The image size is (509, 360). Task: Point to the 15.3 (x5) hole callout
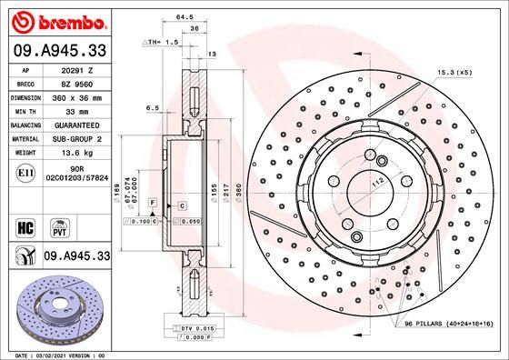(454, 70)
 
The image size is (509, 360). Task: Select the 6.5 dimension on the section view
(152, 108)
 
